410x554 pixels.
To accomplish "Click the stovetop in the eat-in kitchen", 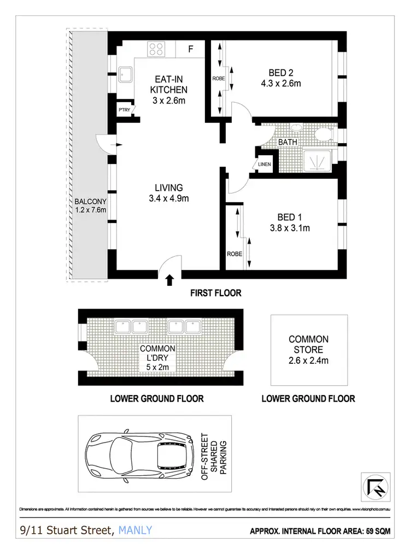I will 156,49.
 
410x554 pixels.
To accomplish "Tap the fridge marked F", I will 191,49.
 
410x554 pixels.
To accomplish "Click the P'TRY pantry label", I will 124,110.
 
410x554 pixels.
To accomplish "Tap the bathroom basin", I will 296,128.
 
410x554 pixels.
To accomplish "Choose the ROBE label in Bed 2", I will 218,79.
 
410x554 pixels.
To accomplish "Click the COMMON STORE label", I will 308,344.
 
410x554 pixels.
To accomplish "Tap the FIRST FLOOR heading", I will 215,293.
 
